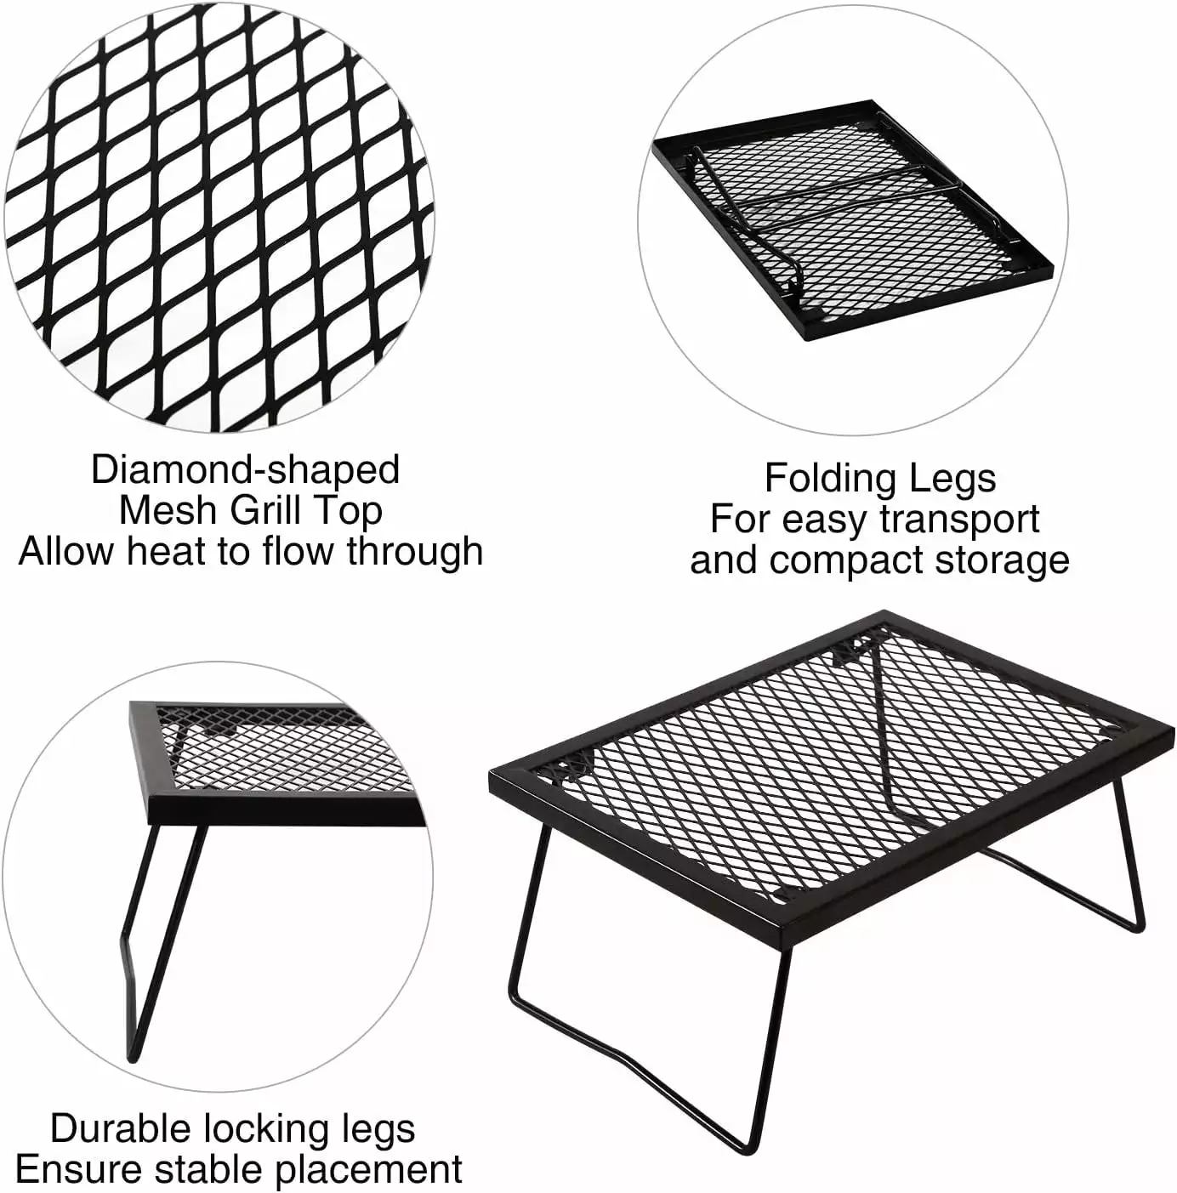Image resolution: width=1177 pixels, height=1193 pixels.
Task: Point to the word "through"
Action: [x=414, y=553]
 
